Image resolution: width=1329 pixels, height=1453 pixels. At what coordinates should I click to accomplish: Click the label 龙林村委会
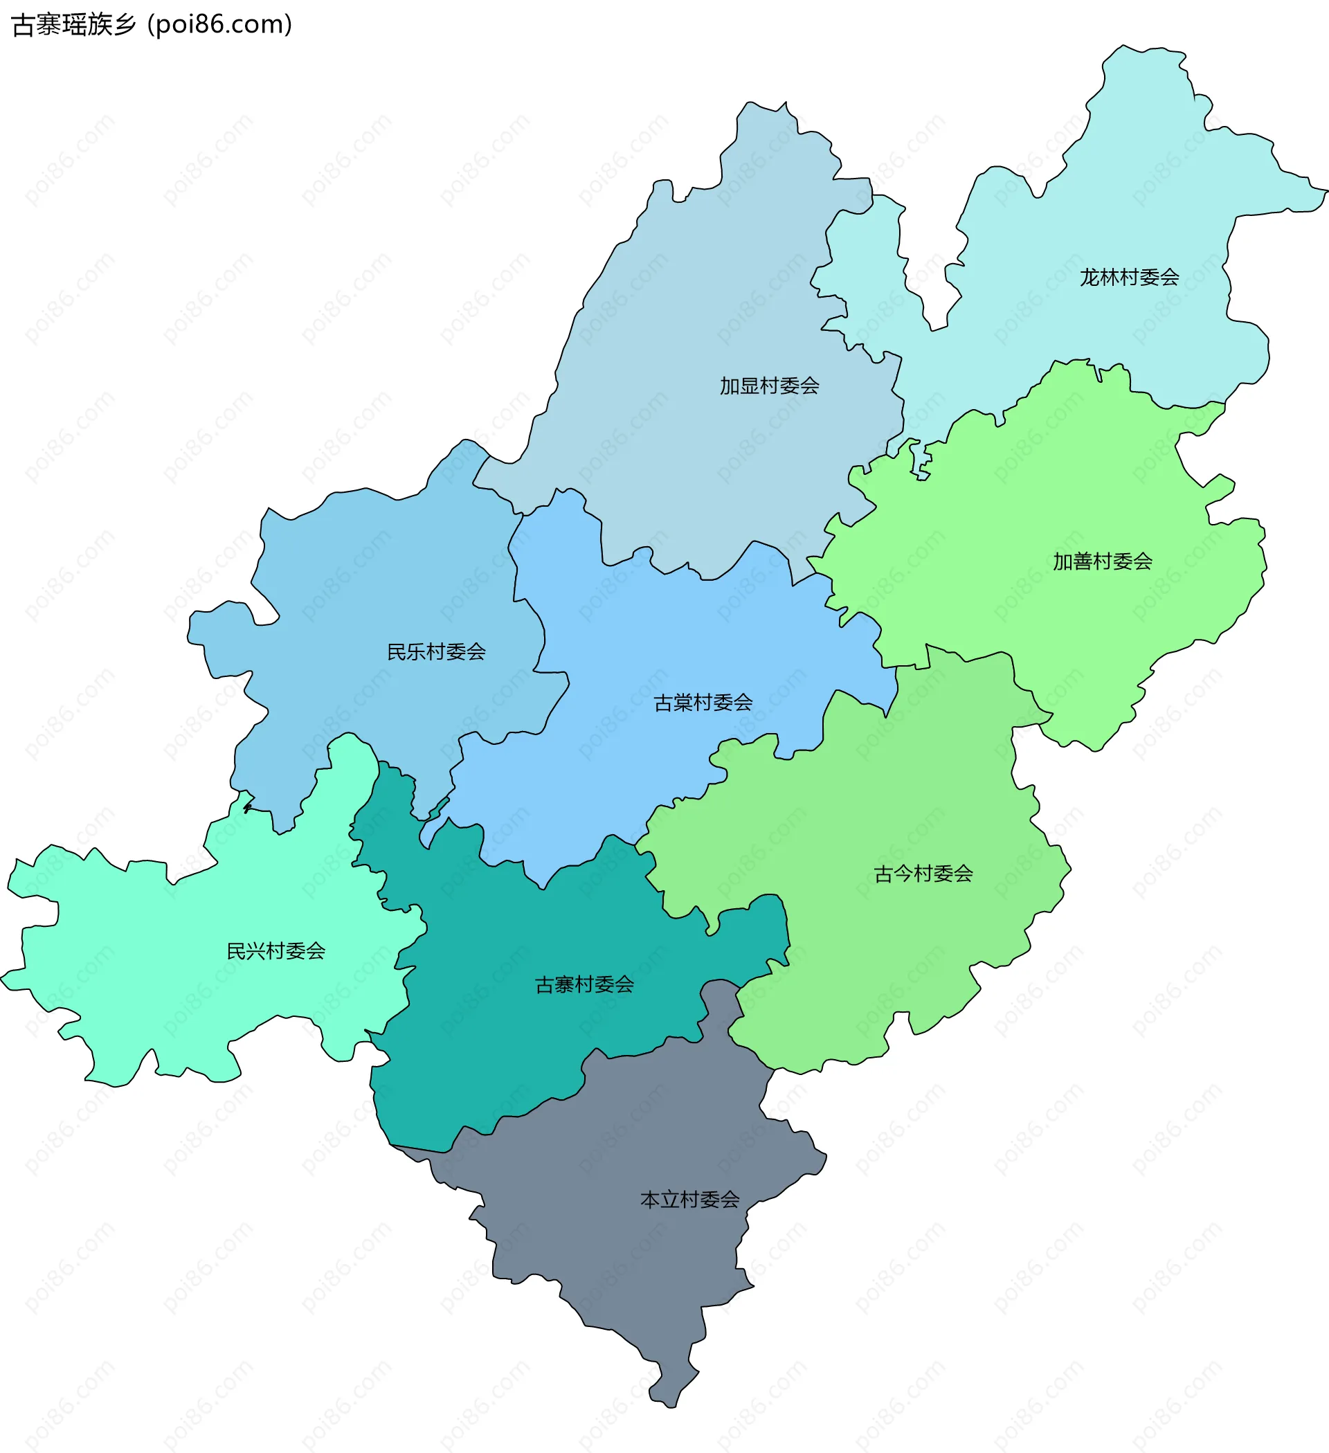tap(1129, 278)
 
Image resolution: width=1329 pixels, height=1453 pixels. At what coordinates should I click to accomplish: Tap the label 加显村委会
tap(769, 386)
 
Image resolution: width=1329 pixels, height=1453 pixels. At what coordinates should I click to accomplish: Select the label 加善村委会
tap(1102, 561)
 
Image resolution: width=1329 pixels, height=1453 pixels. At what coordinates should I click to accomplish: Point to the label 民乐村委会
tap(436, 652)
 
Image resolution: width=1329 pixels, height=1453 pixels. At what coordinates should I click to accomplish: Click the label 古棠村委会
tap(703, 703)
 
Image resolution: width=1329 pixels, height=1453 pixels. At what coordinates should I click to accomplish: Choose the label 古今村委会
tap(923, 874)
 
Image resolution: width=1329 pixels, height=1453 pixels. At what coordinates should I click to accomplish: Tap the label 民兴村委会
tap(276, 951)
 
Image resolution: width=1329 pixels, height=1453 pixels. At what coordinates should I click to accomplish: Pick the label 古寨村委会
tap(584, 984)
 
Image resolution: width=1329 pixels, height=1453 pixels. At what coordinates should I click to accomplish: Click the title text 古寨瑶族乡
tap(74, 25)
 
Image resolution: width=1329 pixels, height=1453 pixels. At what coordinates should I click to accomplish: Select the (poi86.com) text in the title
tap(220, 25)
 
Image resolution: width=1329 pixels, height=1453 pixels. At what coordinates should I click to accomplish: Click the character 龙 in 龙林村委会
tap(1089, 278)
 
